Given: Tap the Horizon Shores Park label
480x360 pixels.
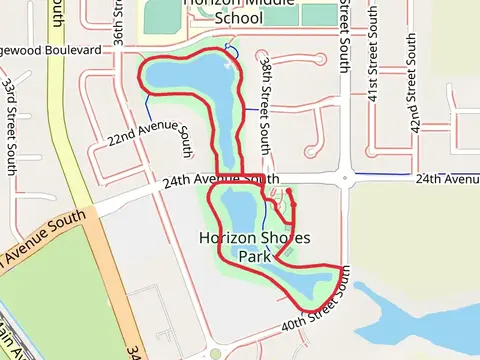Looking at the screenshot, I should (254, 246).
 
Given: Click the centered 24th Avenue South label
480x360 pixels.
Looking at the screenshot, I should (204, 180).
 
